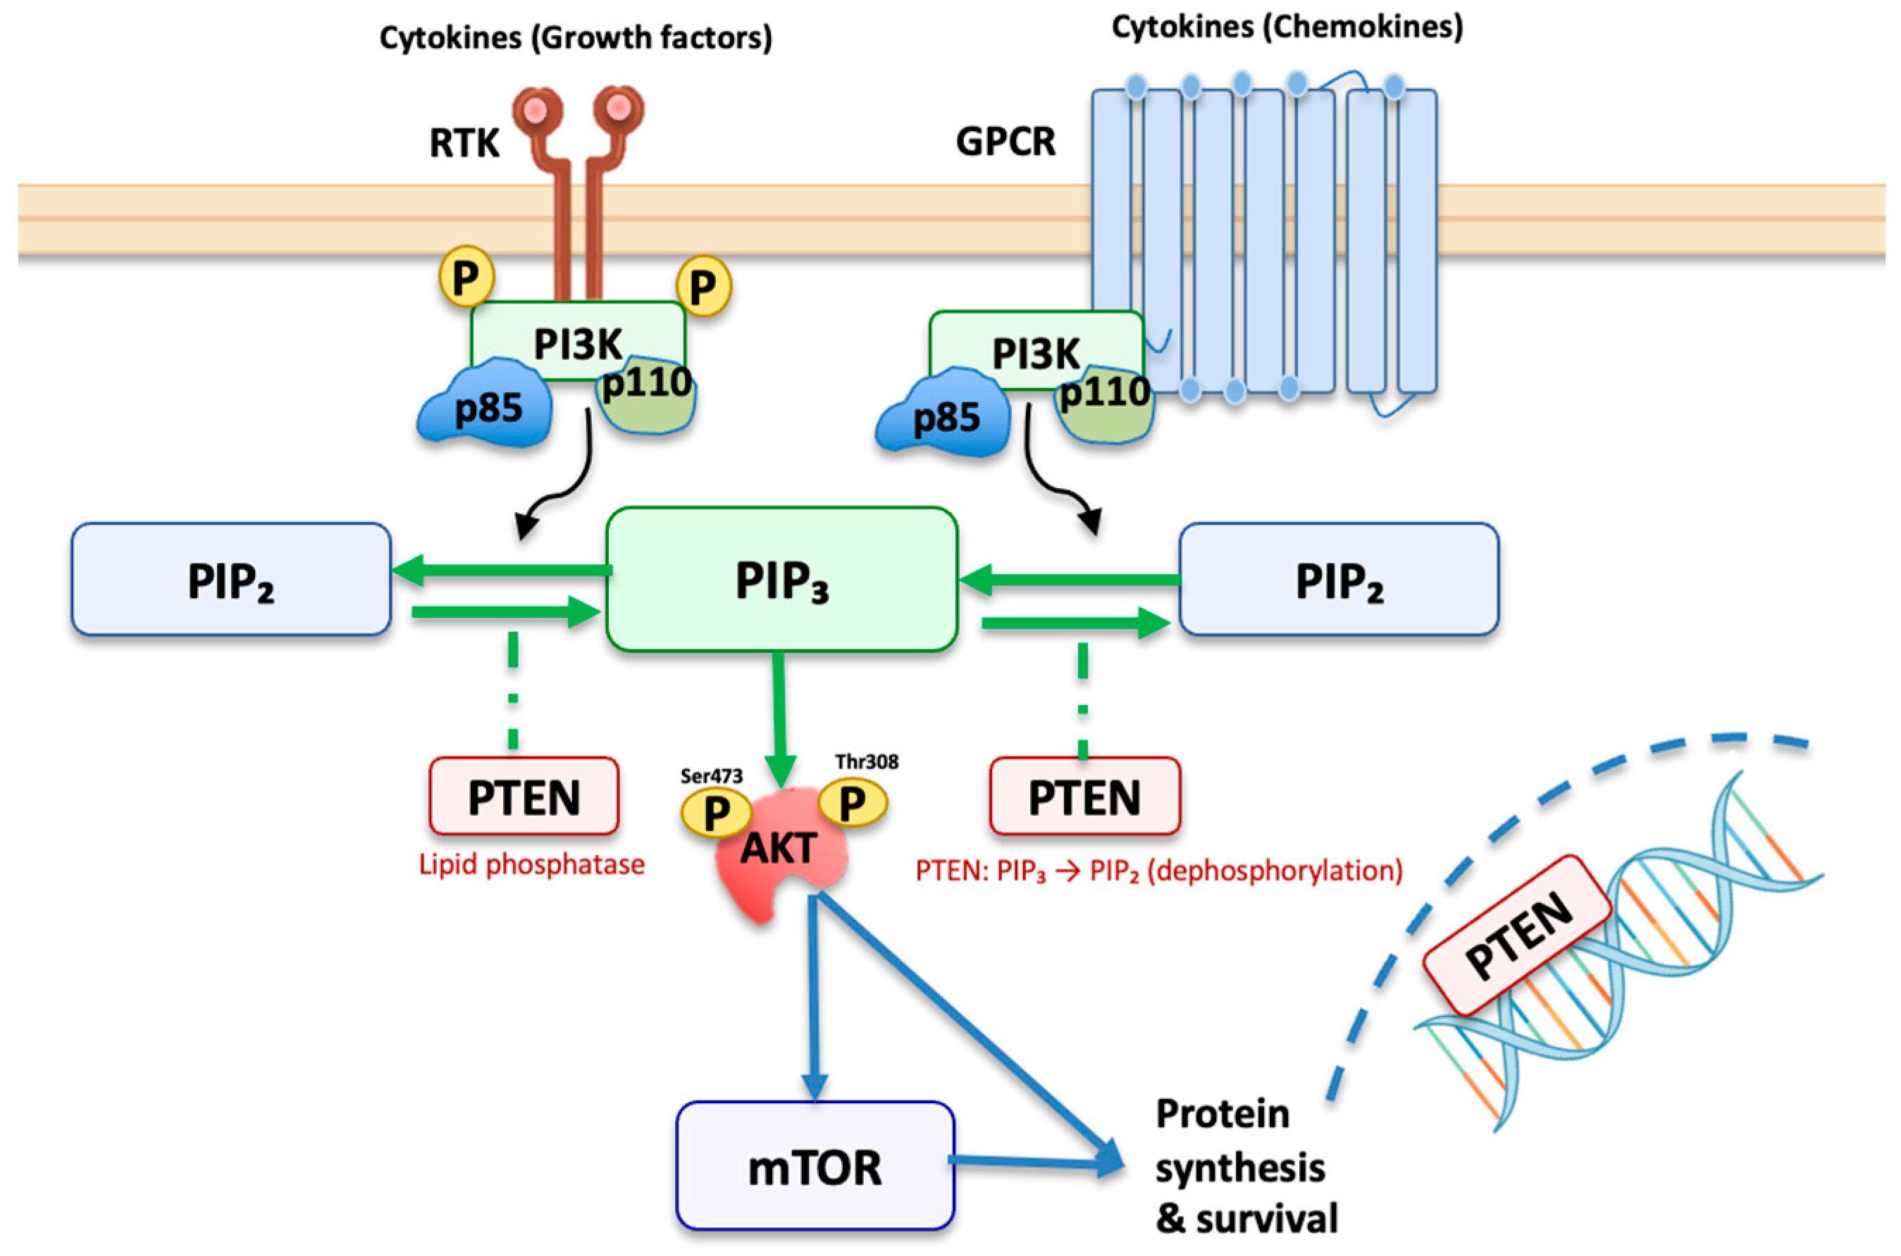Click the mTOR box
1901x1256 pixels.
815,1166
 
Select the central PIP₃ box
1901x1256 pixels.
782,579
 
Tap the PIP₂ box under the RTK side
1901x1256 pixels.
232,579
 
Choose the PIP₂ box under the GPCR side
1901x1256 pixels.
1339,579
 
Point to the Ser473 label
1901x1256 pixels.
712,776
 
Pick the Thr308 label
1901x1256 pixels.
867,761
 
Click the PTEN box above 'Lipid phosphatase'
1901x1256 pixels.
524,796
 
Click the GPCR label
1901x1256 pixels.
1005,142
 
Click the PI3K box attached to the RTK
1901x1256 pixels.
578,340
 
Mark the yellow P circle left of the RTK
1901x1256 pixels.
466,276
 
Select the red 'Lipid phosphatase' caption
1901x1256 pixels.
532,864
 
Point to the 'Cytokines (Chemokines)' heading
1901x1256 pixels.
1287,27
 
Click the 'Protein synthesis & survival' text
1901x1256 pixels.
1246,1167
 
